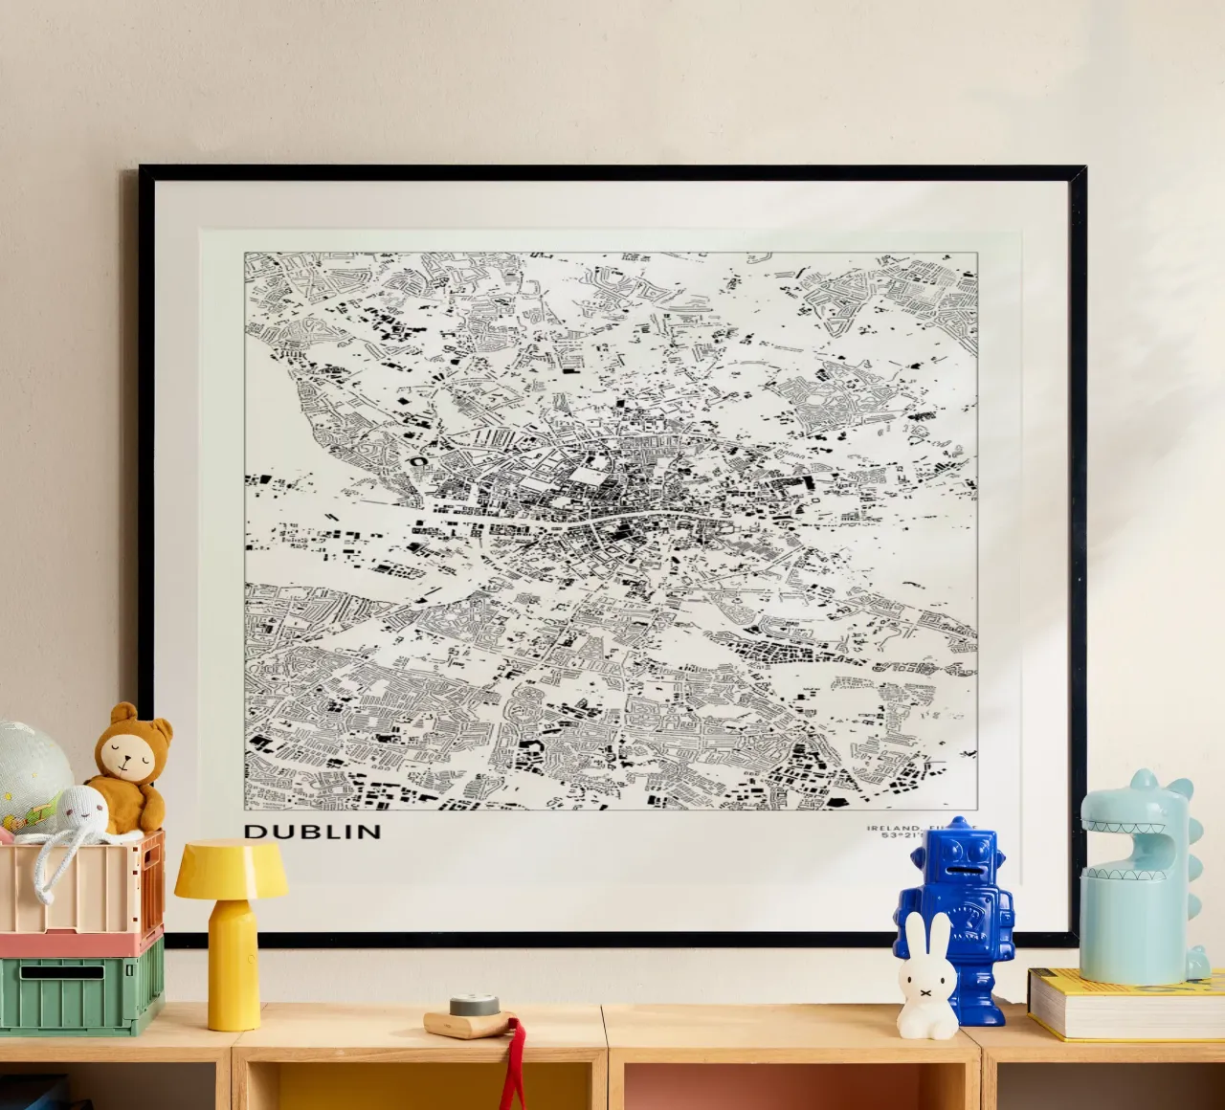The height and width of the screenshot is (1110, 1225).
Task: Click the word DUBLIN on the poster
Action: (312, 832)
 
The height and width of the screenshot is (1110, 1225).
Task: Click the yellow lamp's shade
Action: (231, 867)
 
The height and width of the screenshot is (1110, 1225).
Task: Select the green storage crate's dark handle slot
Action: (62, 972)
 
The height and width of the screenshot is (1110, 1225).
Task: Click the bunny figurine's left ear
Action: (914, 933)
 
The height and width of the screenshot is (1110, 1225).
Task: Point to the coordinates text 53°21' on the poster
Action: (900, 836)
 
